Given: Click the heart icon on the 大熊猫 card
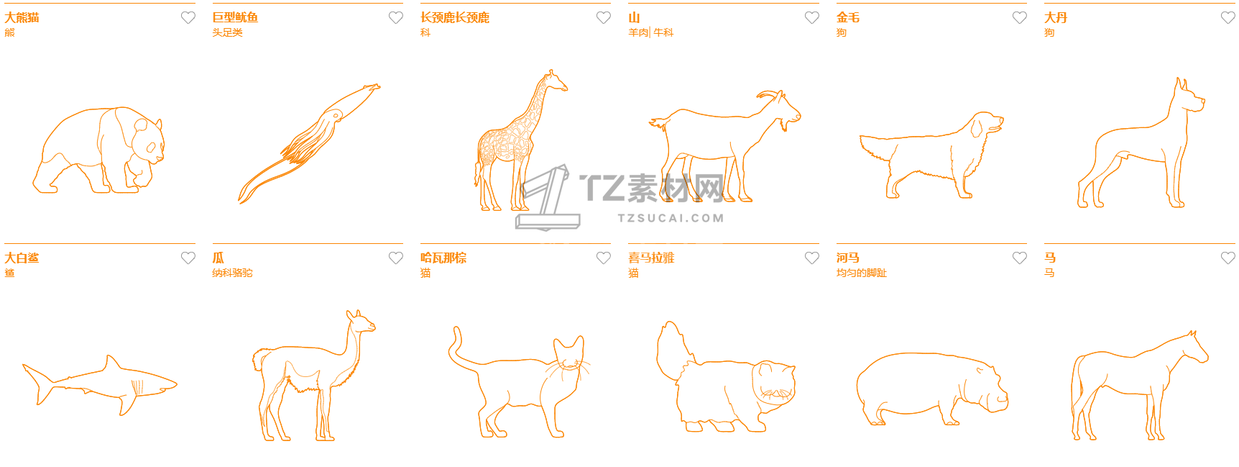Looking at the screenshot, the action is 188,17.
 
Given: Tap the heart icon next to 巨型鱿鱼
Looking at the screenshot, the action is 396,17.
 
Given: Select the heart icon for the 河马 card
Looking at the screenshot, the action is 1020,258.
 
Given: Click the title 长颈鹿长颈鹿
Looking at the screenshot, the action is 455,17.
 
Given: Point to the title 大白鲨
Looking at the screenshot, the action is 22,258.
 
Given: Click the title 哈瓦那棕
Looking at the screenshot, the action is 443,258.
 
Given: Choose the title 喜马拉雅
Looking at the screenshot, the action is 651,258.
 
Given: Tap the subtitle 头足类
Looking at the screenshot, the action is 227,32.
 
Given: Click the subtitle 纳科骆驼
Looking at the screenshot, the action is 232,273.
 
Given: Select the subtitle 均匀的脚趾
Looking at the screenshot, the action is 861,273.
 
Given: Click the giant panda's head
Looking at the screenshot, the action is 148,140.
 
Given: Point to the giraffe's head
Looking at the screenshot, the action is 556,80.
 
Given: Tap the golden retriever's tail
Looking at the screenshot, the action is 877,147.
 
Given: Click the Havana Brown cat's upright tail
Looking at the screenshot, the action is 460,350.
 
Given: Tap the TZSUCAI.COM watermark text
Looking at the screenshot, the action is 671,218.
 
